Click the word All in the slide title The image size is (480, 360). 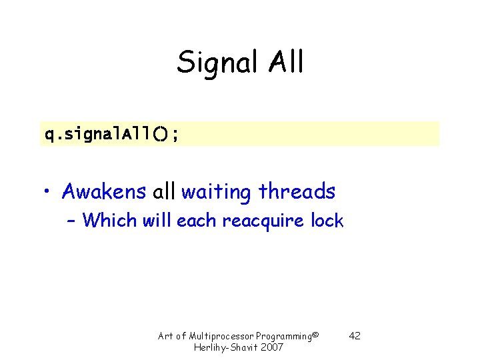coord(286,62)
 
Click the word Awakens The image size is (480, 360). coord(103,192)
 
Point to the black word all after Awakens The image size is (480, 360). coord(163,192)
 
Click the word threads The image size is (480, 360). coord(297,192)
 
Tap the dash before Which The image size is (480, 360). coord(71,221)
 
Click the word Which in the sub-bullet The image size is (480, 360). coord(110,221)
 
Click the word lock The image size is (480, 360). coord(327,221)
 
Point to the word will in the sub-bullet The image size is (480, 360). coord(157,221)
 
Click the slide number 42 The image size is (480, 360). coord(355,336)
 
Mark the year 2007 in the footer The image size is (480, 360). coord(271,348)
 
